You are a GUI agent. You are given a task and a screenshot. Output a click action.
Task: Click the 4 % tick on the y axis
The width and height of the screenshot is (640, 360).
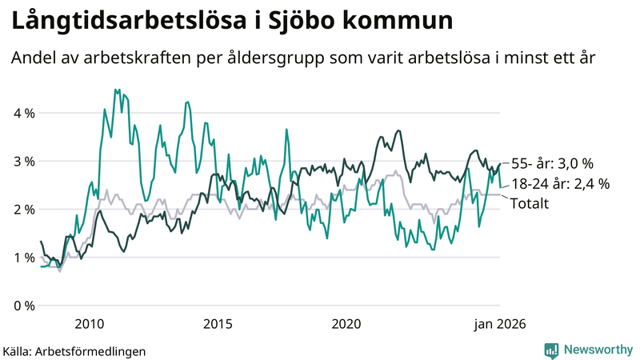click(x=24, y=113)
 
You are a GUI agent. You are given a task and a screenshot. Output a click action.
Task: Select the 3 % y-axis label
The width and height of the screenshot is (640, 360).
click(x=24, y=161)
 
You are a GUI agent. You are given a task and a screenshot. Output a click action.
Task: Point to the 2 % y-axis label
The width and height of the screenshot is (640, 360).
click(x=24, y=209)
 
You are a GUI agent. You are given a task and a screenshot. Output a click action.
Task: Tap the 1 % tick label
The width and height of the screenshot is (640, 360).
click(x=24, y=257)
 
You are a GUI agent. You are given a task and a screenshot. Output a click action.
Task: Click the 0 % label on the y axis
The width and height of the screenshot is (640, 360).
click(x=24, y=306)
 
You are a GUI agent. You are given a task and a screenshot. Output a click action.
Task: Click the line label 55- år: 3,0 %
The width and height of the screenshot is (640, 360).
click(x=552, y=163)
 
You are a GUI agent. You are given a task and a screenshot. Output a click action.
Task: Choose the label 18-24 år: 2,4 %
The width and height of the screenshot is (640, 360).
click(x=560, y=184)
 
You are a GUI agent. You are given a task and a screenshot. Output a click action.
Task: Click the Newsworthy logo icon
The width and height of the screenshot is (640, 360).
click(x=551, y=350)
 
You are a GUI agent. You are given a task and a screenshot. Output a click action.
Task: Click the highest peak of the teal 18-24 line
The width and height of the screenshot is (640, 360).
click(x=116, y=90)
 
